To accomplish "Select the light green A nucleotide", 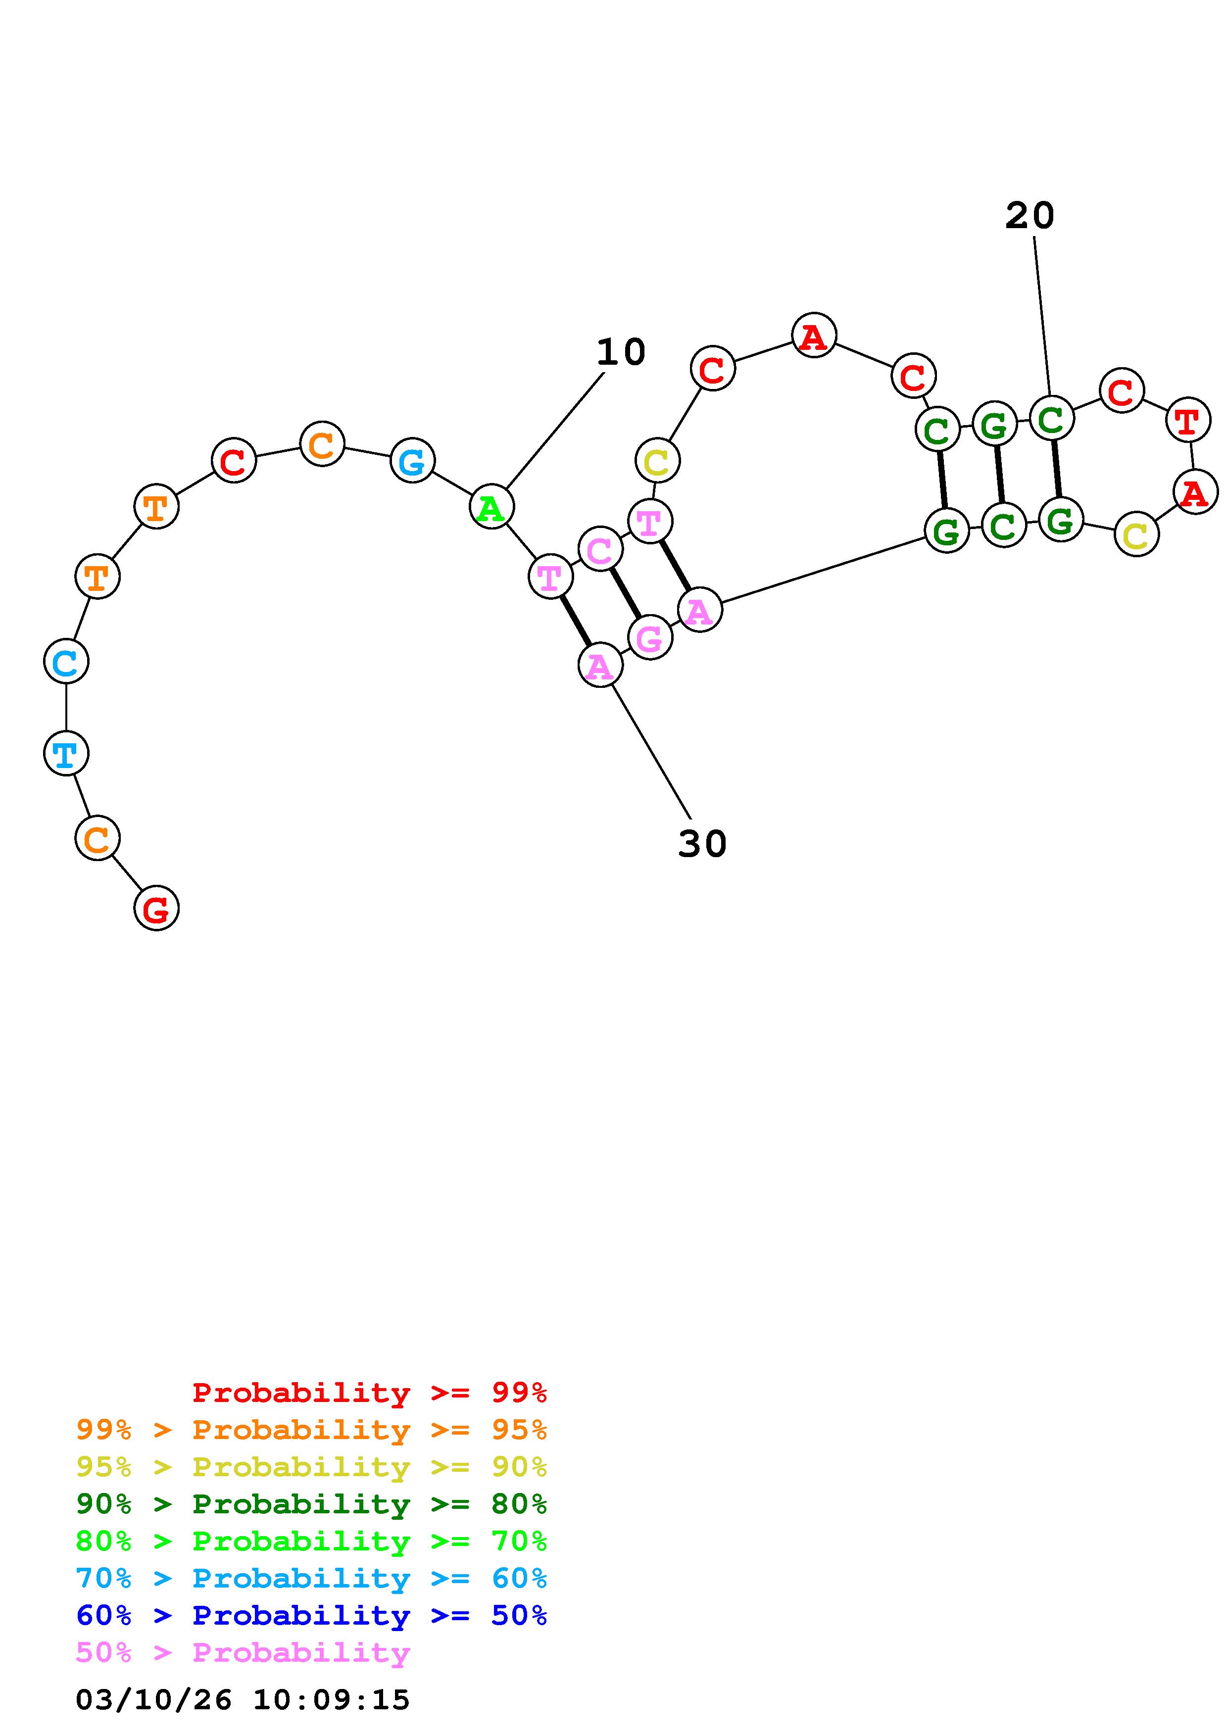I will pos(491,507).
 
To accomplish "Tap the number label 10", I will pos(621,352).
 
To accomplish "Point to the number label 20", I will pos(1029,216).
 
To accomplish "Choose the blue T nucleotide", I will pos(66,753).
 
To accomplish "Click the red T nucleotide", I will pos(1188,420).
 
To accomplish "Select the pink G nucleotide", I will pos(649,637).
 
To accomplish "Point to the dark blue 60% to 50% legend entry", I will pos(311,1615).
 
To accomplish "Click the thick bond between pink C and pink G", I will pos(625,593).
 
